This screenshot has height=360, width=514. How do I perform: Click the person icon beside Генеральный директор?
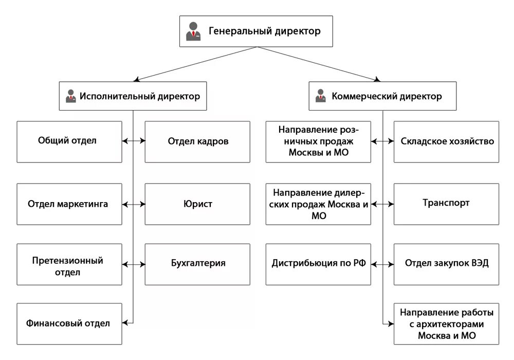(x=193, y=31)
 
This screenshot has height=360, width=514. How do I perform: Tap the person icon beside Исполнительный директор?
(x=70, y=96)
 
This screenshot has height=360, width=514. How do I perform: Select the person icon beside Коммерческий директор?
(x=321, y=96)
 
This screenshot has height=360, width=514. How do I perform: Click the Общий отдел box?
(x=69, y=141)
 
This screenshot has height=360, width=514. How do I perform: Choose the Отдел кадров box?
(x=197, y=141)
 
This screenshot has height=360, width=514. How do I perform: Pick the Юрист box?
(x=197, y=204)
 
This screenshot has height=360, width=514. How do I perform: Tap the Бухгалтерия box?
(x=197, y=264)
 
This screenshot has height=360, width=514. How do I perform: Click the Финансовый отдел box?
(x=69, y=323)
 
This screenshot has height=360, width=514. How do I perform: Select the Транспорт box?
(x=446, y=204)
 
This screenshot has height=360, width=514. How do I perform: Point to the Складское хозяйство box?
(x=446, y=141)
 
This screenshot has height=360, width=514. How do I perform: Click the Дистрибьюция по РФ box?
(x=318, y=264)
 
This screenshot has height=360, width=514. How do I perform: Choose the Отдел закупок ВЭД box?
(x=446, y=264)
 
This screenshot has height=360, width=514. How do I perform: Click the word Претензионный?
(x=67, y=261)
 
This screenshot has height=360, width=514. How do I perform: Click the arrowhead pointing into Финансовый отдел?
(x=125, y=323)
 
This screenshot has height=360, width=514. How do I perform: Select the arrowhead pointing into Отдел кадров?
(x=142, y=140)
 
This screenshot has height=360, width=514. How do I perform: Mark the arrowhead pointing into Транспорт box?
(x=391, y=204)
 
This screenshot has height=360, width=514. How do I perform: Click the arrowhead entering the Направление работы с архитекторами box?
(x=391, y=323)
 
